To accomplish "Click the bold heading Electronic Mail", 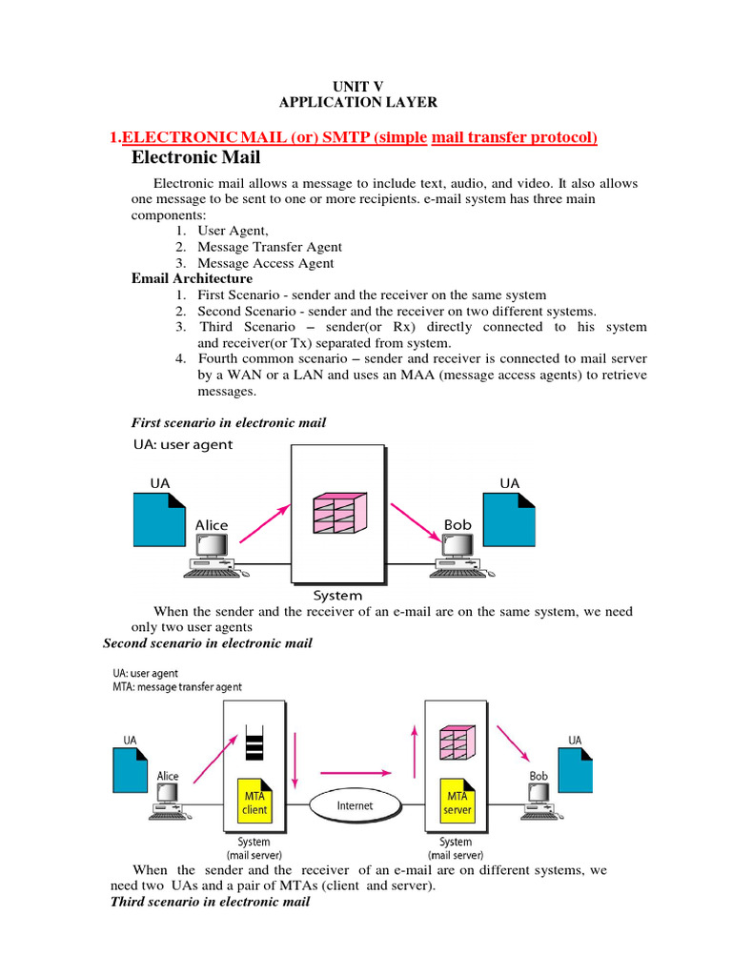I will (x=195, y=157).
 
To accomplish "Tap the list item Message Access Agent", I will (x=265, y=263).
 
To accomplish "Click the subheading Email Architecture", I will (x=192, y=278).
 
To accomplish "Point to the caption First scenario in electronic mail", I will (x=227, y=422).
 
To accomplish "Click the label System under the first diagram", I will (x=338, y=596).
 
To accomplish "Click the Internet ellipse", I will (x=356, y=805).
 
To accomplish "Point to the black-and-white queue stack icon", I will (x=253, y=742).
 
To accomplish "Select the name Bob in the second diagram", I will (x=539, y=776).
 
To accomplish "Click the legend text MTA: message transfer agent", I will (x=176, y=686).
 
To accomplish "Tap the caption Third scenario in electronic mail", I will (x=210, y=901).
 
